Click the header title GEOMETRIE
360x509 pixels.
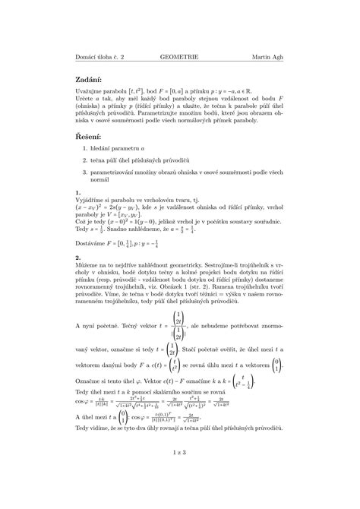(179, 57)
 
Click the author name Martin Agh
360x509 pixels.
(270, 57)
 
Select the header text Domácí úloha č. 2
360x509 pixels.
(99, 57)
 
